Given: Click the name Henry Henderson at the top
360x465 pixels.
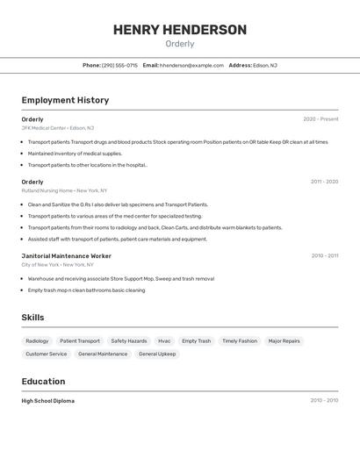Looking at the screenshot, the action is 180,30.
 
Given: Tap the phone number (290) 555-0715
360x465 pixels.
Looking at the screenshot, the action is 119,65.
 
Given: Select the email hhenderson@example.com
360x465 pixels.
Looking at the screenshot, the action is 191,65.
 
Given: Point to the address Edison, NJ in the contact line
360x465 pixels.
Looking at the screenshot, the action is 264,65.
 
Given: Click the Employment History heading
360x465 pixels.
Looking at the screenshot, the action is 65,100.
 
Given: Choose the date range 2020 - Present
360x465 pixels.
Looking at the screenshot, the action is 320,119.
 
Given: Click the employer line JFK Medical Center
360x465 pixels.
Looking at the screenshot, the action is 57,128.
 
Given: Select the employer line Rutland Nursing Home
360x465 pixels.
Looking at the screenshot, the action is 64,190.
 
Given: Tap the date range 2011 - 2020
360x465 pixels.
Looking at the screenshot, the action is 324,182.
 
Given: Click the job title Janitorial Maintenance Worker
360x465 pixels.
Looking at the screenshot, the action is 66,256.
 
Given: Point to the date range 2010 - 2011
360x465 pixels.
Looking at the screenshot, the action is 324,256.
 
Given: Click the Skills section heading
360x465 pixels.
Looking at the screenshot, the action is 33,318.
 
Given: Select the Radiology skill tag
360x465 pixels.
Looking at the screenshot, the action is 37,340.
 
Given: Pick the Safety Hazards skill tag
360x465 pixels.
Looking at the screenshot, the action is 129,340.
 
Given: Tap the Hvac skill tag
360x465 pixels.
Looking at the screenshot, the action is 164,340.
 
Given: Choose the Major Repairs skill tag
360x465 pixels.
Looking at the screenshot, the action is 284,340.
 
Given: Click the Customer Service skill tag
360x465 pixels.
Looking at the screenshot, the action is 47,354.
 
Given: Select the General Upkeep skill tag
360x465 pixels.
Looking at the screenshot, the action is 157,354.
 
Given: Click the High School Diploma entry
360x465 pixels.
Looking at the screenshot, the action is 48,401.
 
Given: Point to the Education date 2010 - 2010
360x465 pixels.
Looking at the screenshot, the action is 324,401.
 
